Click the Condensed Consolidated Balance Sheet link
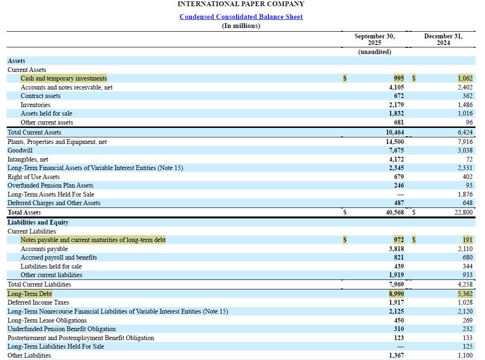tap(241, 17)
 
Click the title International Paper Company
tap(241, 4)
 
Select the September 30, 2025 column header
tap(374, 39)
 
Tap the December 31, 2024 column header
tap(443, 39)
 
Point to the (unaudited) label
tap(375, 52)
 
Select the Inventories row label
tap(36, 105)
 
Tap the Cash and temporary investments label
tap(64, 78)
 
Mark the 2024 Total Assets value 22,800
tap(463, 213)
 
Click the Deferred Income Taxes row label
tap(38, 302)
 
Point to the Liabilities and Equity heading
tap(38, 222)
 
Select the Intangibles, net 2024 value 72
tap(469, 159)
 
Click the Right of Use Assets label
tap(34, 177)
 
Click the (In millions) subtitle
tap(241, 26)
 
